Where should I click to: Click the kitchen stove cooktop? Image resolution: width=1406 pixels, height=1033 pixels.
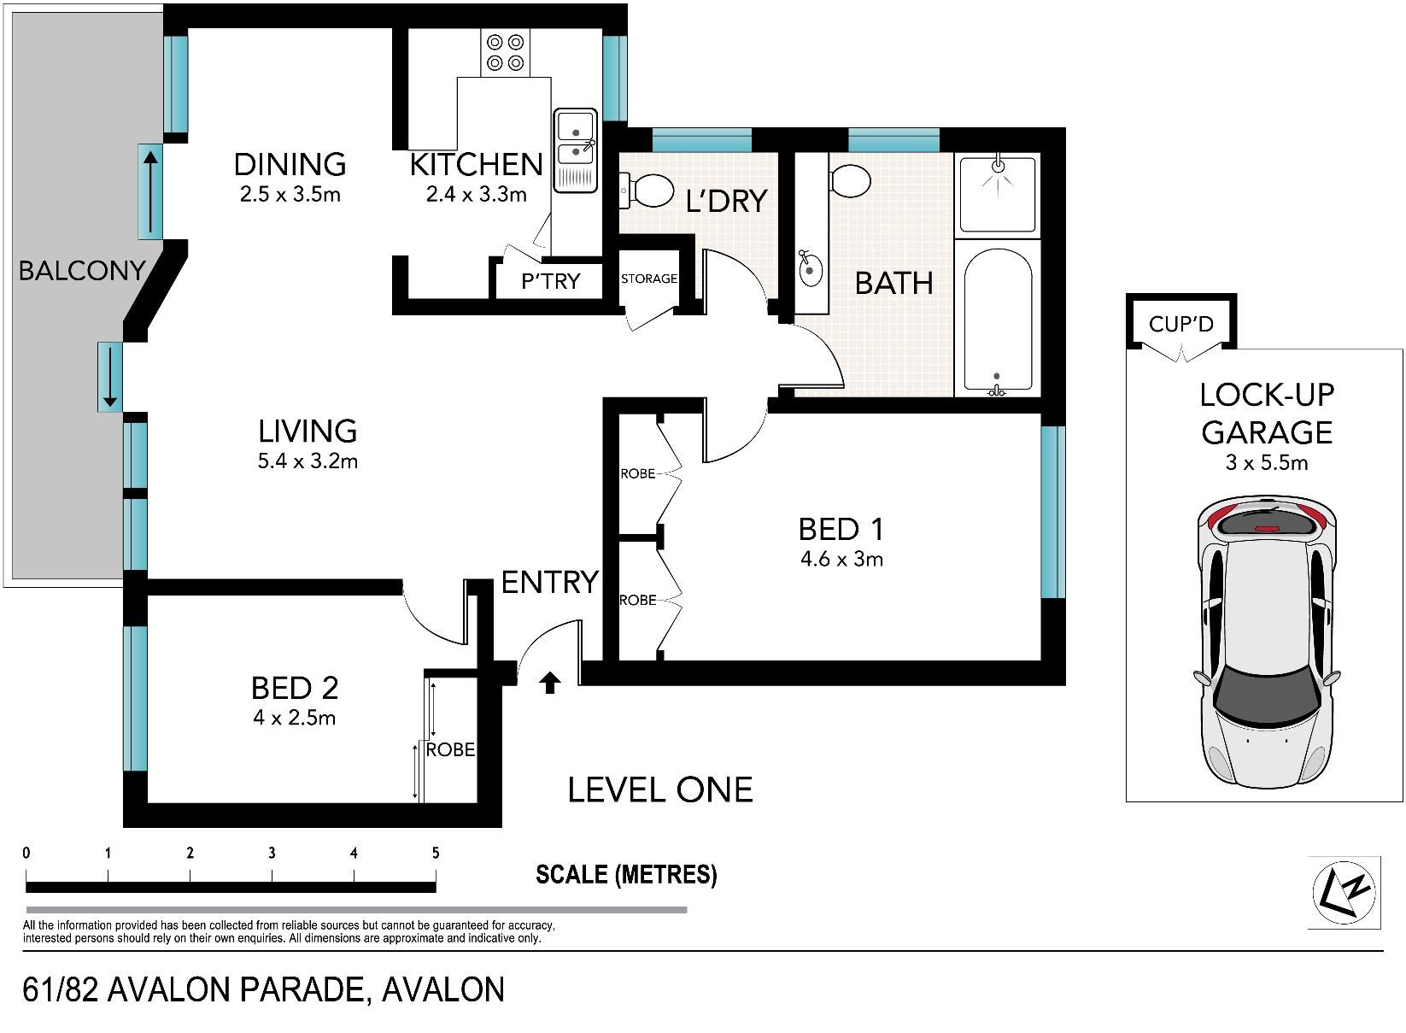click(506, 53)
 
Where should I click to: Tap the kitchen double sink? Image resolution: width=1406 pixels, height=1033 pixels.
click(575, 150)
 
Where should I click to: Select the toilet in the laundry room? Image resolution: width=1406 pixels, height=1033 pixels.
click(647, 190)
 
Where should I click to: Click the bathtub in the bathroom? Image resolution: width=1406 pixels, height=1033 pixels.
click(998, 320)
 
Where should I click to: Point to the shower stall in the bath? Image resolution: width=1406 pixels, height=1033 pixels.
click(998, 193)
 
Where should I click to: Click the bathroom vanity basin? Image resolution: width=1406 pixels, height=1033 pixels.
click(811, 269)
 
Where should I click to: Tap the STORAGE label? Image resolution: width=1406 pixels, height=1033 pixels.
click(649, 279)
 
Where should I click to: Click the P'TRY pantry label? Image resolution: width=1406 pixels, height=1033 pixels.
click(550, 281)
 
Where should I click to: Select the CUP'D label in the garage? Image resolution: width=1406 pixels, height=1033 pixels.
click(1181, 324)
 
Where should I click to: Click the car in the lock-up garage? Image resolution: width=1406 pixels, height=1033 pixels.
click(1266, 641)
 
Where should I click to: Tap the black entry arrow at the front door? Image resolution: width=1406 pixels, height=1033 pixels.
click(550, 683)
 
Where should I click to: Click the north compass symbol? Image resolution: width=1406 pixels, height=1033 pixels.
click(1344, 892)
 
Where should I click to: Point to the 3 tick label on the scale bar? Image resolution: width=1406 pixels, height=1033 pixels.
click(272, 852)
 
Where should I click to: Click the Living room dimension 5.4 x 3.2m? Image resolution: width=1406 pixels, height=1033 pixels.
click(308, 461)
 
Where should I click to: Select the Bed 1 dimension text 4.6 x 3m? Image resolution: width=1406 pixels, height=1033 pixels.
click(841, 558)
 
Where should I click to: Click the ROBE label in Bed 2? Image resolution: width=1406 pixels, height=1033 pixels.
click(450, 749)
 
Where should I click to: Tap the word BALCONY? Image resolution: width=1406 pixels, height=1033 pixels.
click(82, 271)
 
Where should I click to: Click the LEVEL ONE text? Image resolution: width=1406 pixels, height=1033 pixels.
click(660, 790)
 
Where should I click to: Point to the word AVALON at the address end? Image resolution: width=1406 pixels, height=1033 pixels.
click(443, 989)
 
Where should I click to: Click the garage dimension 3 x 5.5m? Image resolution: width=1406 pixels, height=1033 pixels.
click(1267, 462)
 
